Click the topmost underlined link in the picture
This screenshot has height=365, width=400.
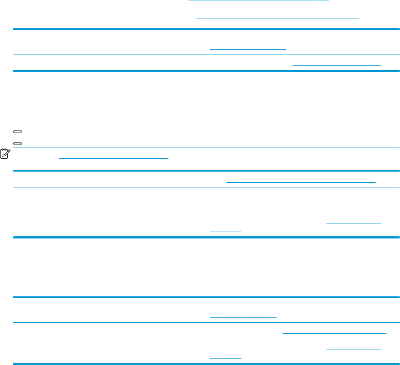coord(259,1)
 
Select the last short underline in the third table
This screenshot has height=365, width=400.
coord(226,358)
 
